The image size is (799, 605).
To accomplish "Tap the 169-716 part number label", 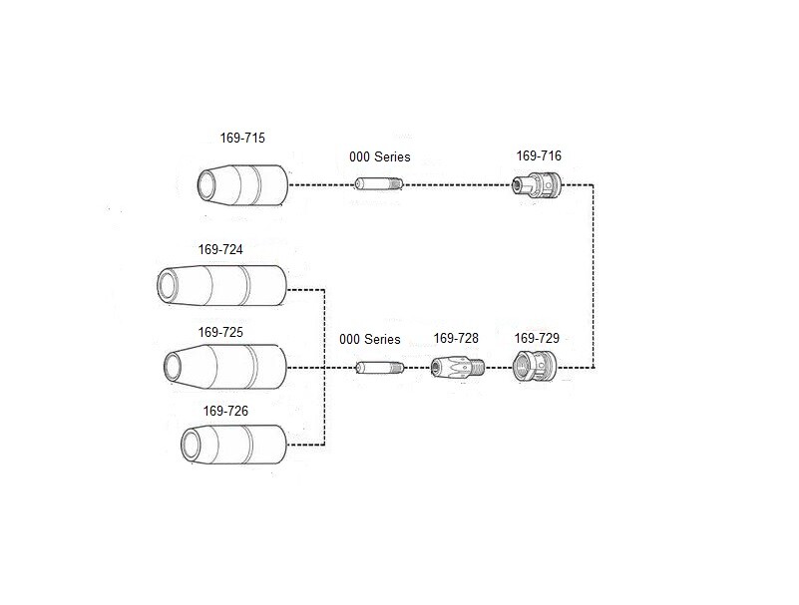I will [x=539, y=156].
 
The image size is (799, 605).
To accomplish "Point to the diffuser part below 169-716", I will [x=537, y=184].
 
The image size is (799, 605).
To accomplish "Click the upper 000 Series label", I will [x=379, y=157].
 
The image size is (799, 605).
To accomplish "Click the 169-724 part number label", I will [x=220, y=250].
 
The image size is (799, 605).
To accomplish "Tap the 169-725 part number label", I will [x=220, y=332].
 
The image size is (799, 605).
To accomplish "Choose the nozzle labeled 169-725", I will [x=223, y=368].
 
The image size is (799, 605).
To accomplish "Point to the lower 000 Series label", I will [x=369, y=340].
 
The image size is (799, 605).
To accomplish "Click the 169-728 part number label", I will [x=456, y=339].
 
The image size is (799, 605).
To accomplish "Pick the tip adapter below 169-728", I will [x=457, y=369].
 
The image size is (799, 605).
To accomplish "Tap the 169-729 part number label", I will [x=537, y=339].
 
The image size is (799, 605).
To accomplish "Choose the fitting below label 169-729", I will [x=535, y=368].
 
